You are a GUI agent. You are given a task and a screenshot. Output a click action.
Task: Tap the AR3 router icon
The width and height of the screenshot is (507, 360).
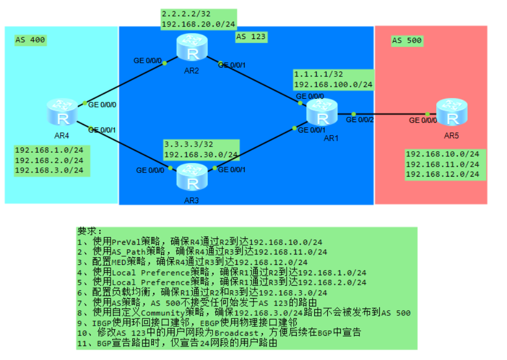click(192, 177)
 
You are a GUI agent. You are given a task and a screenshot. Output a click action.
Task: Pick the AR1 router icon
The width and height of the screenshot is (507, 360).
click(322, 111)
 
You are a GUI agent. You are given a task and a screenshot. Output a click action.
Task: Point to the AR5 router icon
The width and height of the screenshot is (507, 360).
click(451, 111)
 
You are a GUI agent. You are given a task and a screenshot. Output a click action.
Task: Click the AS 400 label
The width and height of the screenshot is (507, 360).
click(30, 40)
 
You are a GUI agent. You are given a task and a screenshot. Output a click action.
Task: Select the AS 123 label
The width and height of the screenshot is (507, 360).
click(251, 36)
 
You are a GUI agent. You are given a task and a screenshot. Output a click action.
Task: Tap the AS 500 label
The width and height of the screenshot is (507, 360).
click(407, 40)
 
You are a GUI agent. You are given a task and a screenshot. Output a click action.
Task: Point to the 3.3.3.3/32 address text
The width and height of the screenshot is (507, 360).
click(186, 145)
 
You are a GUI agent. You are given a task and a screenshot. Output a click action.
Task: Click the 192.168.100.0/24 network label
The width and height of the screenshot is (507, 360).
click(333, 84)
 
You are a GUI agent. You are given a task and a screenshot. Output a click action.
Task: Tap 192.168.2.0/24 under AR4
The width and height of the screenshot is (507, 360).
click(49, 160)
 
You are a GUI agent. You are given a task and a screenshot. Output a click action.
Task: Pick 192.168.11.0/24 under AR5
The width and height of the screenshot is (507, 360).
click(442, 164)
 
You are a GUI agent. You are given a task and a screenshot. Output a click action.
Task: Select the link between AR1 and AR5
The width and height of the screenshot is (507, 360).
click(390, 114)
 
